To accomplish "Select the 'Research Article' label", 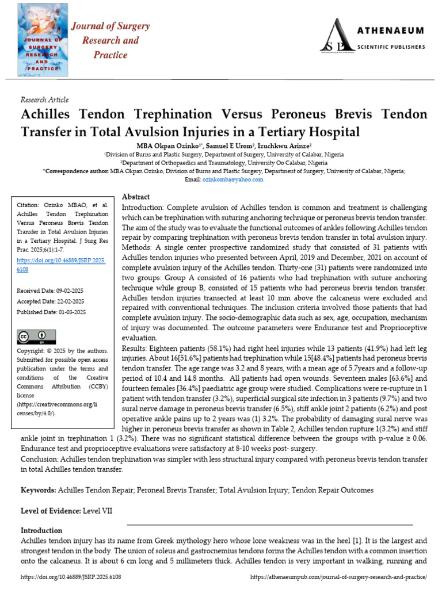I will click(x=44, y=100).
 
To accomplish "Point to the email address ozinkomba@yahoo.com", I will click(x=232, y=179).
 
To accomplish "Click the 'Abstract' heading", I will click(x=136, y=197).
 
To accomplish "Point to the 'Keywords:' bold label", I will click(x=38, y=489).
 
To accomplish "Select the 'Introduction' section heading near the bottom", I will click(x=41, y=530).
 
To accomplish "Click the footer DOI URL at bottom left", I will click(x=71, y=576).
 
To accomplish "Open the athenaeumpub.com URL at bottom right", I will click(x=339, y=576).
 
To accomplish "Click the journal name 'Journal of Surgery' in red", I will click(x=110, y=26).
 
